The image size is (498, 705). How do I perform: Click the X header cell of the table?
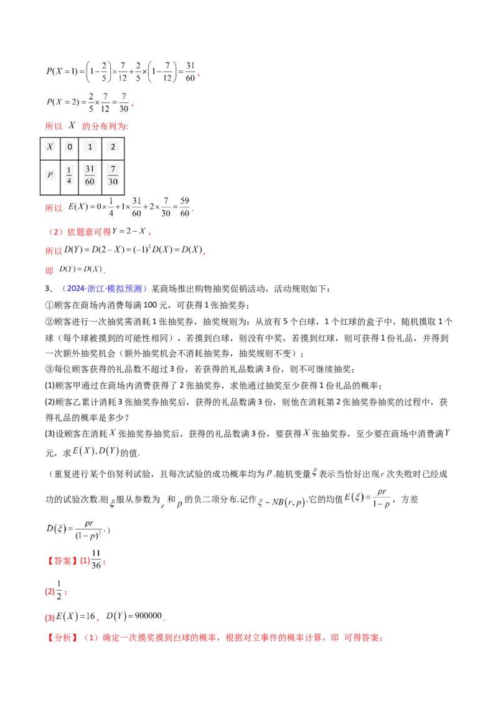[50, 147]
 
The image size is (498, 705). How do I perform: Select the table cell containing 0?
[70, 147]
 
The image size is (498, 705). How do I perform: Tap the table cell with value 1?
[90, 147]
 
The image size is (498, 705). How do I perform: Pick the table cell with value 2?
[112, 147]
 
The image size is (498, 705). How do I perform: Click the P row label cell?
[50, 176]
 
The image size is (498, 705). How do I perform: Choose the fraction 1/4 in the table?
[69, 176]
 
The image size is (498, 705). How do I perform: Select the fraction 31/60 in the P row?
[90, 176]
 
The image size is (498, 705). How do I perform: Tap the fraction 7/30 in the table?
[112, 176]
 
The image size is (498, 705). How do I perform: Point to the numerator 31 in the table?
[90, 169]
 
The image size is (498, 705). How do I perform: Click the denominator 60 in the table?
[90, 182]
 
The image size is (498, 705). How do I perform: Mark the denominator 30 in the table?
[112, 182]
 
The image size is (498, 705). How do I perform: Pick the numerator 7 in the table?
[112, 169]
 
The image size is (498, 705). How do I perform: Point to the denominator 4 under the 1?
[69, 182]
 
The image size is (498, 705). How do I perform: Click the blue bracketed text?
[105, 289]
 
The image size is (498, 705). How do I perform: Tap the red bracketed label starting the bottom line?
[62, 638]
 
